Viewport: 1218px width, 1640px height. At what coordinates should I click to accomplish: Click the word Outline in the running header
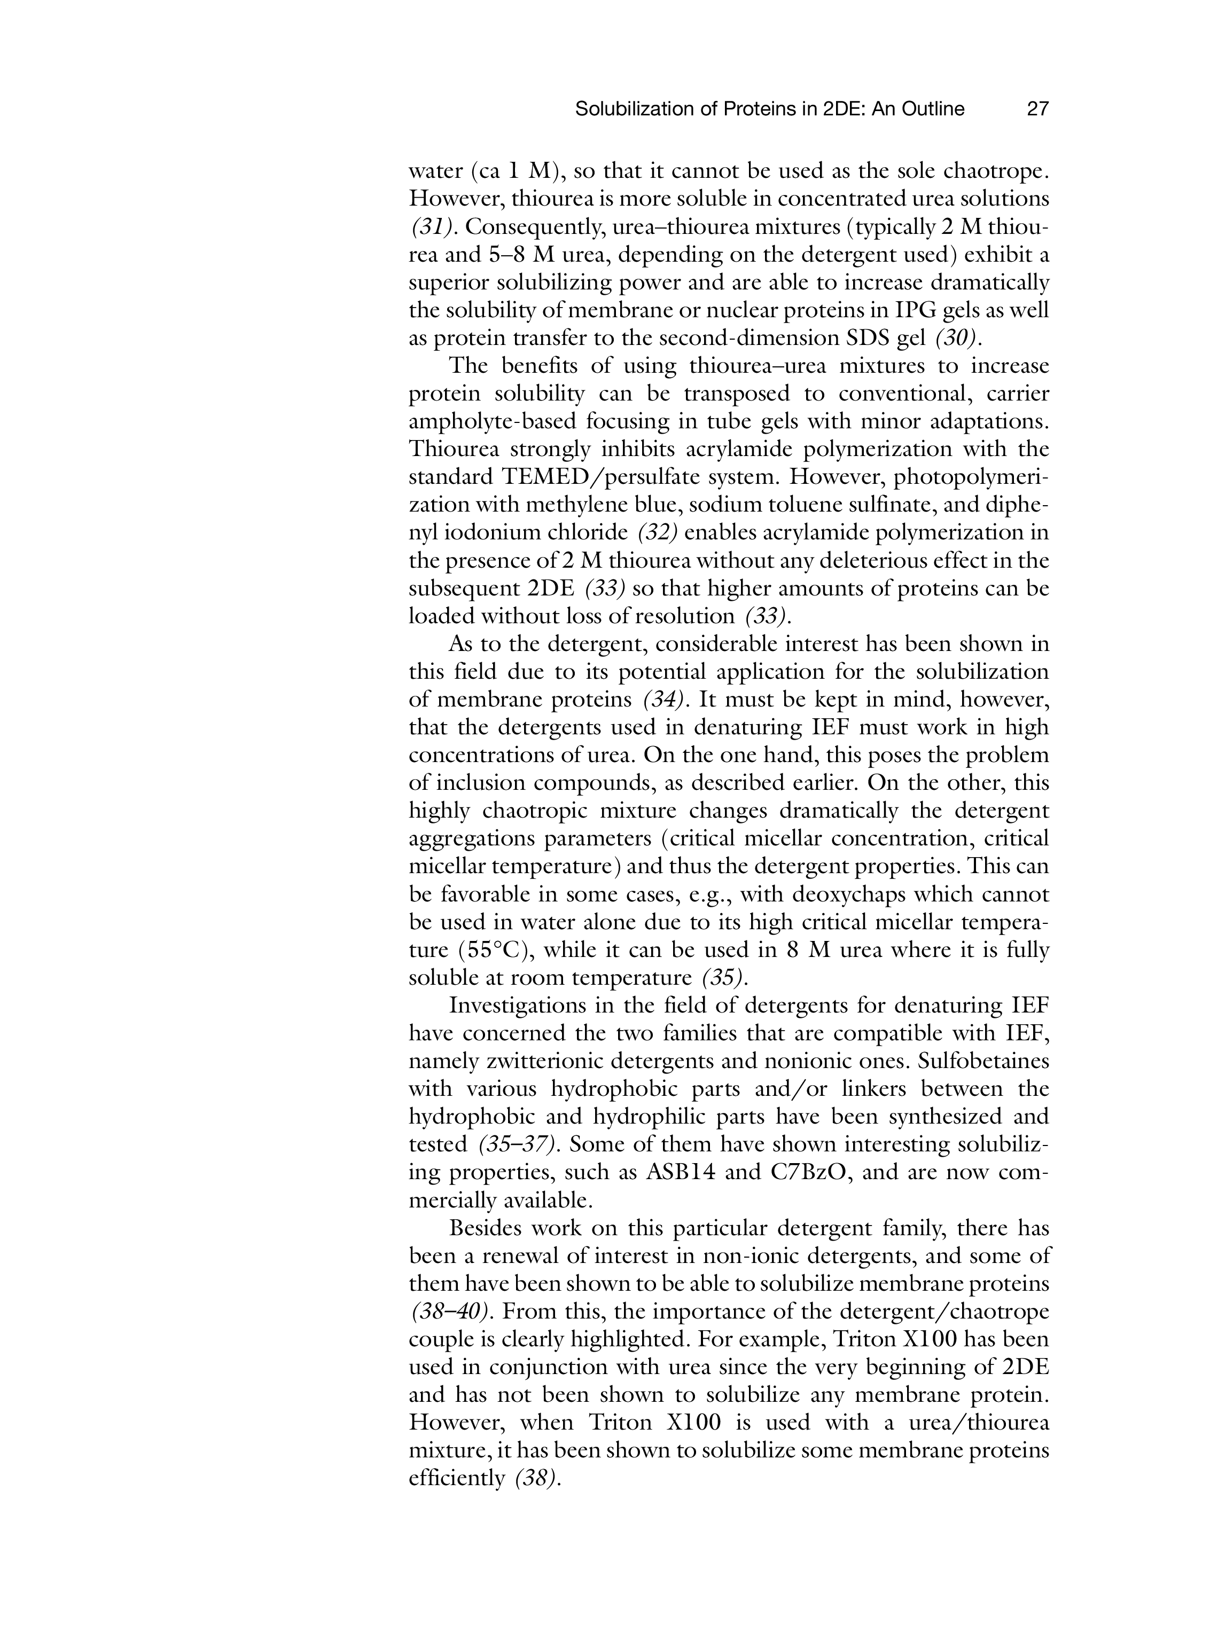931,109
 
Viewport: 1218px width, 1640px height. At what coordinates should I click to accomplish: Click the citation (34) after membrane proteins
662,700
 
